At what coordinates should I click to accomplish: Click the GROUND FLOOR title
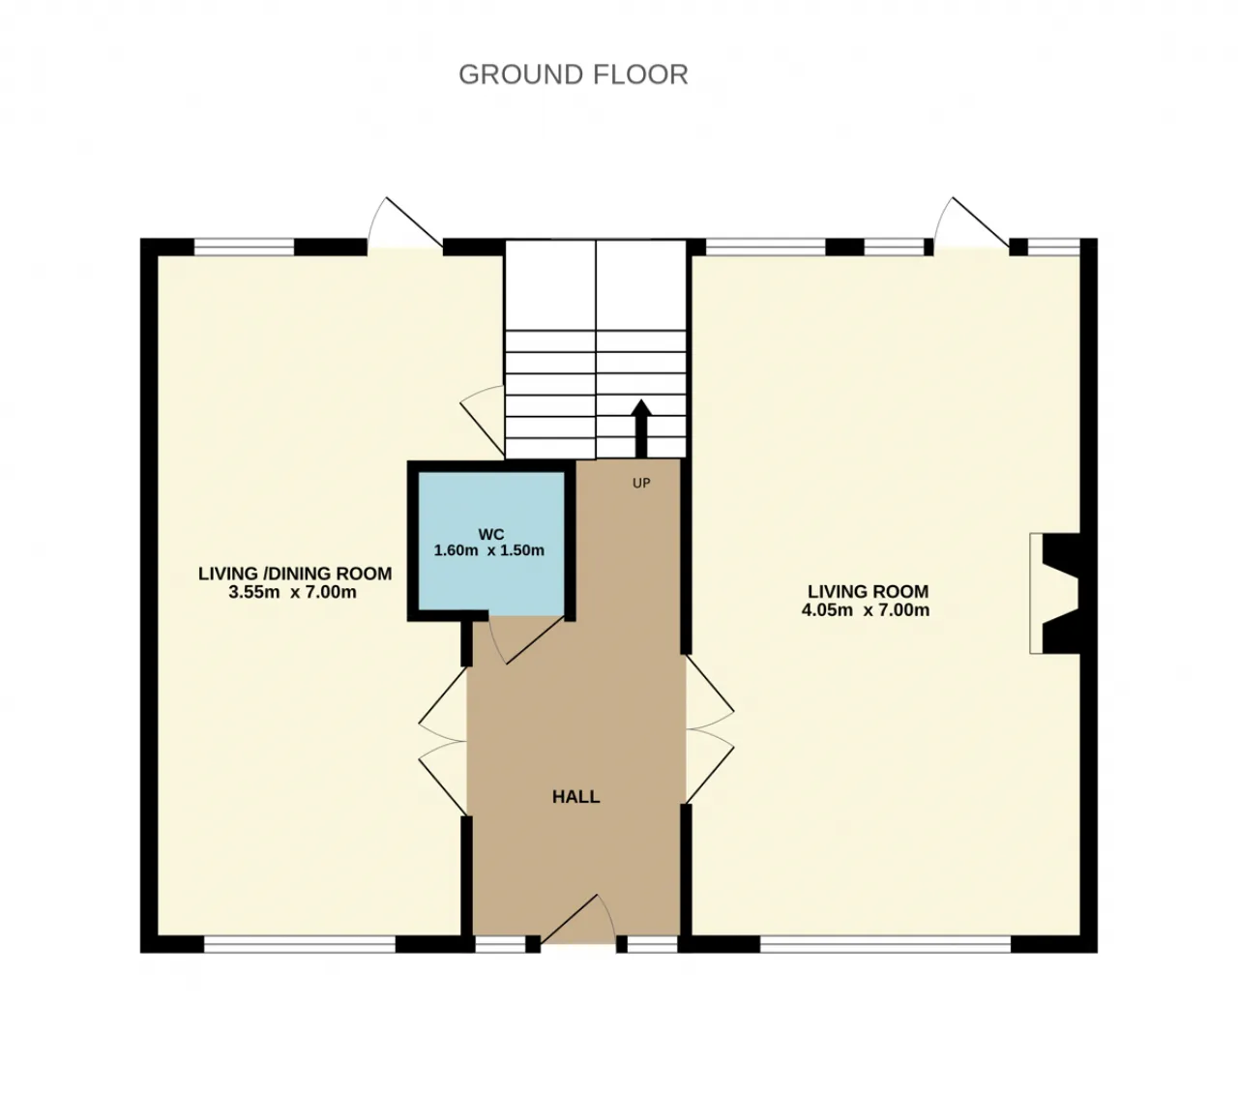574,74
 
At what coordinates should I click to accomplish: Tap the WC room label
491,534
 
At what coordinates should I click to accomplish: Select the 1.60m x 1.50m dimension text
488,550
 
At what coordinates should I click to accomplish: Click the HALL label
576,796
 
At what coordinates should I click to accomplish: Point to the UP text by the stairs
641,484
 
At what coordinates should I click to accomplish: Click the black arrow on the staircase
641,429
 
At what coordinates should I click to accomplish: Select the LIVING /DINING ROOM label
295,574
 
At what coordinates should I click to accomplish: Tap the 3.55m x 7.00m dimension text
292,592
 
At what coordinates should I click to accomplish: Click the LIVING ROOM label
868,592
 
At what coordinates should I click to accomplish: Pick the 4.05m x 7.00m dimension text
866,610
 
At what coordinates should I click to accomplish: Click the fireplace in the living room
1057,594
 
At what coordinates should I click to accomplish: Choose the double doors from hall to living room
710,729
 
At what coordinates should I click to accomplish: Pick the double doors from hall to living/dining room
443,741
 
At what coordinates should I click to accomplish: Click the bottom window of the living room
885,944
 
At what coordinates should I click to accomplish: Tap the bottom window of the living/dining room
300,944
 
